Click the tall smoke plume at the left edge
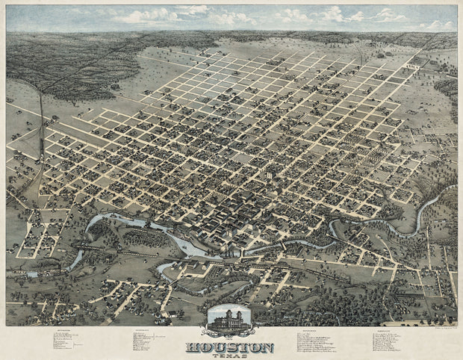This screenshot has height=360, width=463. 41,112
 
